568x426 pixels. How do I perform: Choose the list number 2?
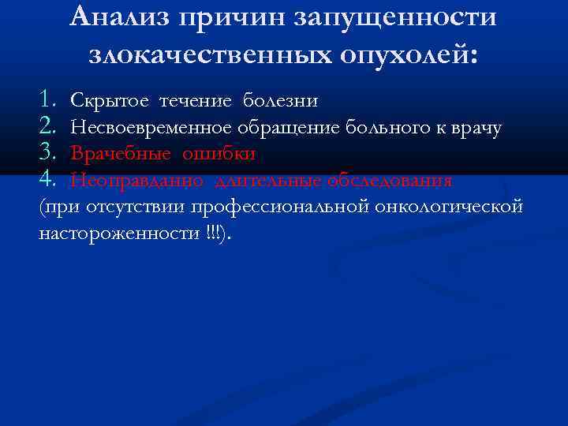click(x=49, y=127)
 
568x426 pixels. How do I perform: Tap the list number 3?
click(x=49, y=154)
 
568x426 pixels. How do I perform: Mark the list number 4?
click(x=49, y=181)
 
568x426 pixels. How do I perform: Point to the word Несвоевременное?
click(x=150, y=128)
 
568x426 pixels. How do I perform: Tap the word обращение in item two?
click(x=286, y=128)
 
